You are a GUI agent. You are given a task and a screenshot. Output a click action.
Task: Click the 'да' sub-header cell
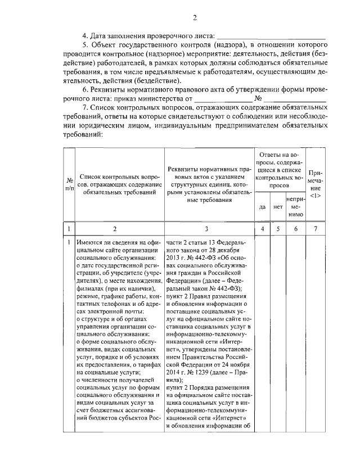[x=262, y=206]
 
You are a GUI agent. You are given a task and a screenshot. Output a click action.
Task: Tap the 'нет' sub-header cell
[x=277, y=206]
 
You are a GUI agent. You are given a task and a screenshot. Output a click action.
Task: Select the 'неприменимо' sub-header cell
[x=295, y=206]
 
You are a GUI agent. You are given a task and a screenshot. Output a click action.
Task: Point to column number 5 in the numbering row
[x=277, y=229]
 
